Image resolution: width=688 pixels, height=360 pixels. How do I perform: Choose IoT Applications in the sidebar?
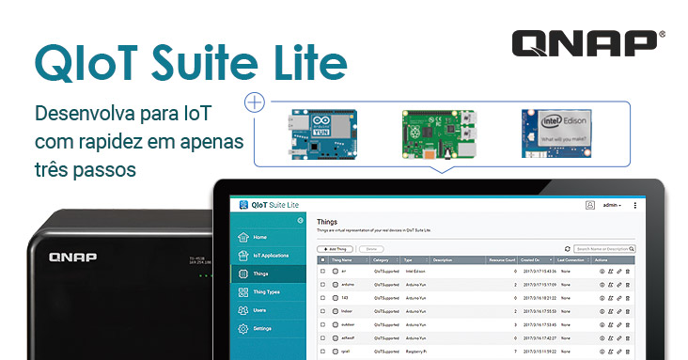[x=270, y=255]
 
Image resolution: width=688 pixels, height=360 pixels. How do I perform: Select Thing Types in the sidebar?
[x=266, y=291]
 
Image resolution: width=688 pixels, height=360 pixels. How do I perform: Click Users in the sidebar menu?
[x=259, y=309]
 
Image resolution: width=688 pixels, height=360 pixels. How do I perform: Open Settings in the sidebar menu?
[x=262, y=328]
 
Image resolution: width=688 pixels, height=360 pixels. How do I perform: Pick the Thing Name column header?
[x=341, y=259]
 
